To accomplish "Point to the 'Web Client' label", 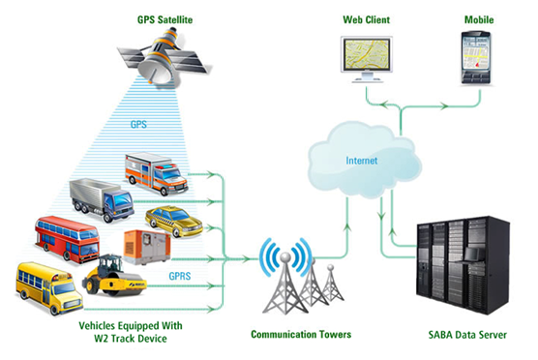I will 367,18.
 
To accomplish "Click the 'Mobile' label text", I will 474,18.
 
